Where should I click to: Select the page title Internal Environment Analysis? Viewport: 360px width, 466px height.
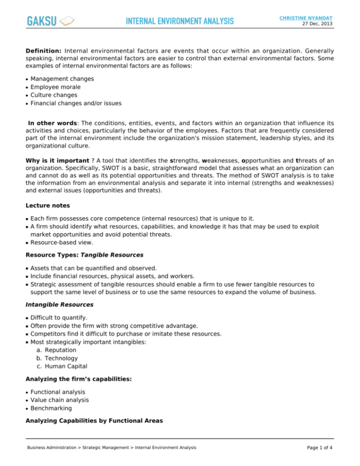[x=180, y=22]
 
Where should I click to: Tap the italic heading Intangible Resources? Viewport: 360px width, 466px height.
[x=60, y=305]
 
